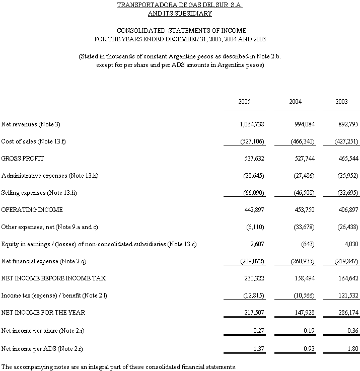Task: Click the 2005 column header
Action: click(x=244, y=102)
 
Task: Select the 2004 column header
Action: click(x=295, y=102)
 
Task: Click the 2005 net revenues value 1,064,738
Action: click(x=251, y=124)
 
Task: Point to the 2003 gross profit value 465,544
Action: click(x=347, y=159)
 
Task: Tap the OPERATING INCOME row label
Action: click(x=32, y=210)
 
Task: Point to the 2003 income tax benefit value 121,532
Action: click(x=347, y=295)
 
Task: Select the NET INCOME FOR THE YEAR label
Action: click(x=43, y=313)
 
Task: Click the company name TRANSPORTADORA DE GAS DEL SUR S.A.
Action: click(x=179, y=6)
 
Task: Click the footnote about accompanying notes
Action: click(x=119, y=366)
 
